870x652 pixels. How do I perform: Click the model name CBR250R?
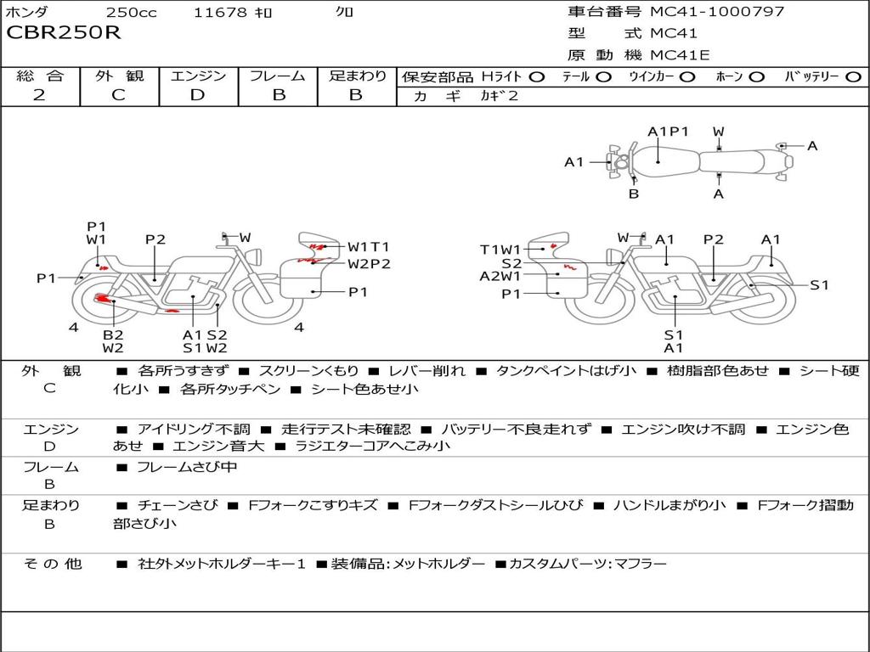pyautogui.click(x=64, y=33)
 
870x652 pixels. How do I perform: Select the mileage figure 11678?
pyautogui.click(x=220, y=13)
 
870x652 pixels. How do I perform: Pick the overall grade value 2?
pyautogui.click(x=39, y=95)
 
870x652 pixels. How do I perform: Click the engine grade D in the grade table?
pyautogui.click(x=197, y=95)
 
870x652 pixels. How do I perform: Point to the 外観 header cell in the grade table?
pyautogui.click(x=119, y=76)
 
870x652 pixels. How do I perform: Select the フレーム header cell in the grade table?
pyautogui.click(x=277, y=76)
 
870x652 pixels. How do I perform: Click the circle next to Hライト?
pyautogui.click(x=536, y=77)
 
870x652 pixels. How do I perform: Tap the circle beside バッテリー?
pyautogui.click(x=853, y=77)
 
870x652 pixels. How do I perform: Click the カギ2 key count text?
pyautogui.click(x=499, y=96)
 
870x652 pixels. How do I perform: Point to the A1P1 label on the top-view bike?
pyautogui.click(x=668, y=132)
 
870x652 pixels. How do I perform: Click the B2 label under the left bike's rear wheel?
pyautogui.click(x=113, y=334)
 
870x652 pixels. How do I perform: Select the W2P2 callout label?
pyautogui.click(x=369, y=263)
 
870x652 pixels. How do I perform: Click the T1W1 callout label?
pyautogui.click(x=500, y=249)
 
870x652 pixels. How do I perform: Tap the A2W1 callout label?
pyautogui.click(x=500, y=276)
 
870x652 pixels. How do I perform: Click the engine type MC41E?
pyautogui.click(x=681, y=55)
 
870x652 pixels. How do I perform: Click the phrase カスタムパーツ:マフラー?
pyautogui.click(x=588, y=564)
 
